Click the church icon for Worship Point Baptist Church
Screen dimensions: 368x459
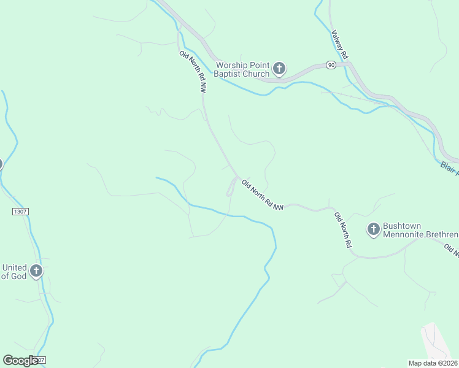279,68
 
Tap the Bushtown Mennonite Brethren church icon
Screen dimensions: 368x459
373,229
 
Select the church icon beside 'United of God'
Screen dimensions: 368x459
36,270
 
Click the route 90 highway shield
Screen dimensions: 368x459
331,65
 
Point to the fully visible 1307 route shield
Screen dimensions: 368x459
20,211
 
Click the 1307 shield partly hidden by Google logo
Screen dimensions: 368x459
40,360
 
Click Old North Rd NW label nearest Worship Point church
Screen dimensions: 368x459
192,71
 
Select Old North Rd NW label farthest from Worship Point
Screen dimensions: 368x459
262,196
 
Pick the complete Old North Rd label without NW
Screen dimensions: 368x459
342,230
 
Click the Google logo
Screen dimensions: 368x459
20,361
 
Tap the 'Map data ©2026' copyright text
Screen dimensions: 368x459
433,363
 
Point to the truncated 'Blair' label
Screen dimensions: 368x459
450,167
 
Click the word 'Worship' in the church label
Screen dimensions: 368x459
231,65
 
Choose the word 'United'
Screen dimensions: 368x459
15,267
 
